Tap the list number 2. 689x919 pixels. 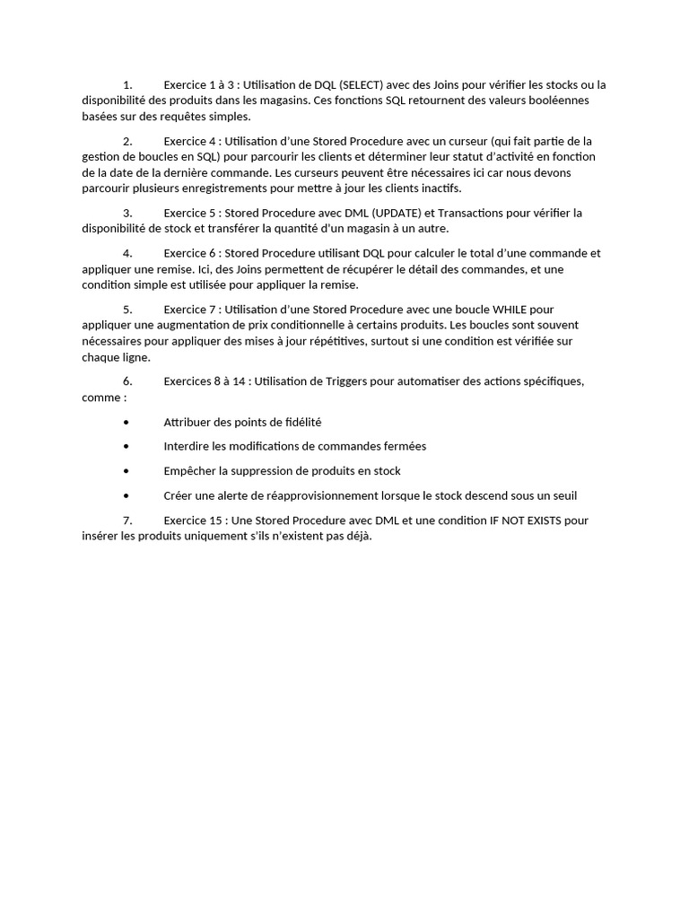(127, 141)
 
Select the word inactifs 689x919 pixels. (437, 188)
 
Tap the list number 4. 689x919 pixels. (127, 253)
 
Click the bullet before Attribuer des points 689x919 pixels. (126, 422)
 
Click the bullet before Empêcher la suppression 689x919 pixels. (126, 471)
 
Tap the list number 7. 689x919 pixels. (127, 521)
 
